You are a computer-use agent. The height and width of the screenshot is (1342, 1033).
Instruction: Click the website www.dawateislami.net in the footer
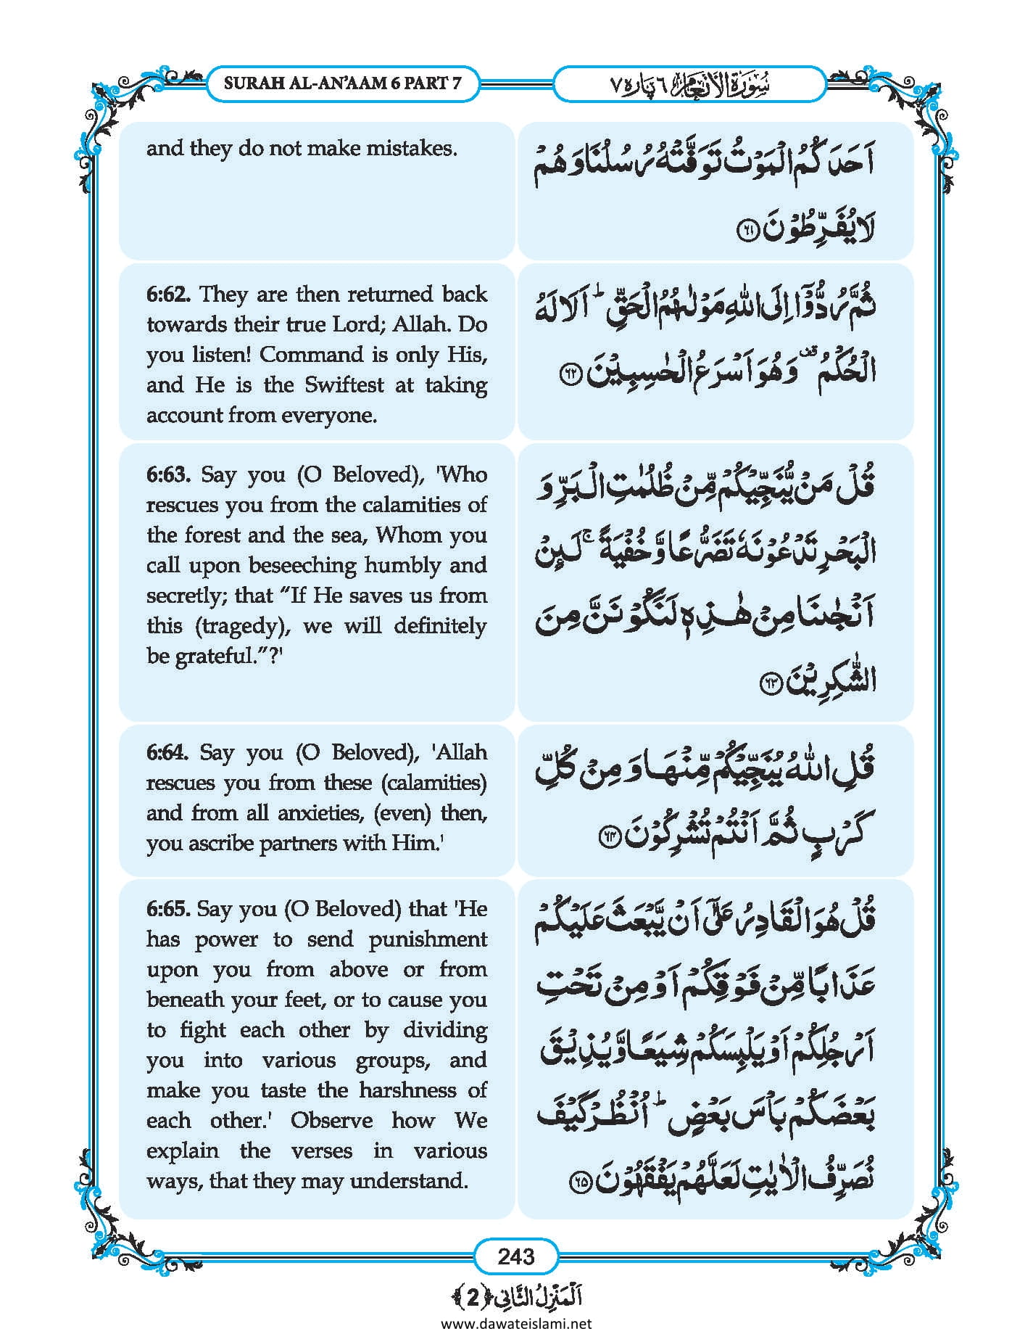click(x=515, y=1323)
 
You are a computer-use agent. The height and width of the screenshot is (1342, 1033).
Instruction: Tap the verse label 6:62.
click(x=168, y=295)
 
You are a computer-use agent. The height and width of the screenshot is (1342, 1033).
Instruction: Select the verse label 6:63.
click(x=168, y=475)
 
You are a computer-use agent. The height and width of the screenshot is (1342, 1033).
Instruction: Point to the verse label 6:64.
click(x=167, y=752)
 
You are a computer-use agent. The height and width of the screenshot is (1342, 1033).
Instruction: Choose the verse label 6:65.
click(x=167, y=909)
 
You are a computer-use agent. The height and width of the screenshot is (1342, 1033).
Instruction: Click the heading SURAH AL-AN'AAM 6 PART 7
click(x=342, y=83)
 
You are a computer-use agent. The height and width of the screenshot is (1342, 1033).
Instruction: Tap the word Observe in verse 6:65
click(x=331, y=1121)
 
